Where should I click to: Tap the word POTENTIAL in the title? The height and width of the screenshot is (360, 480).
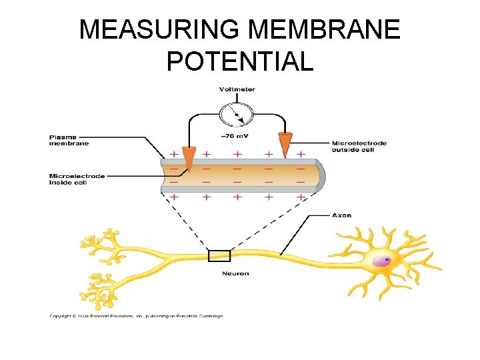[240, 61]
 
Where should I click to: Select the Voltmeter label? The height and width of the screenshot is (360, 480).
[237, 89]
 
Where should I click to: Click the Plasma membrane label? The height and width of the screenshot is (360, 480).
[69, 140]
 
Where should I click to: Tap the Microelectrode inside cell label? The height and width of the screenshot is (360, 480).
[77, 179]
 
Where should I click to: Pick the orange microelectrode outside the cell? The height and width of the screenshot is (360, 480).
[285, 143]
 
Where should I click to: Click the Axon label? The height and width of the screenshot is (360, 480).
[341, 215]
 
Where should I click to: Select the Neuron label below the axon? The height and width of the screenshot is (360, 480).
[236, 273]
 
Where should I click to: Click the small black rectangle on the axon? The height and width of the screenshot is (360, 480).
[219, 256]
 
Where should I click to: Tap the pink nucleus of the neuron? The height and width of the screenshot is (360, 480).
[382, 261]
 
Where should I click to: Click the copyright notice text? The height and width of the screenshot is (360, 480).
[136, 316]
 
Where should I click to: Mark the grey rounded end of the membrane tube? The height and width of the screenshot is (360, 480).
[320, 175]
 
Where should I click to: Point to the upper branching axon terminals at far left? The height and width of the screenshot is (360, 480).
[103, 245]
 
